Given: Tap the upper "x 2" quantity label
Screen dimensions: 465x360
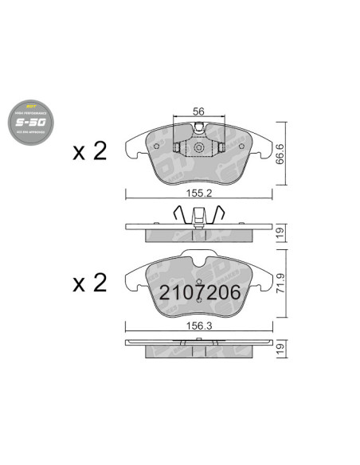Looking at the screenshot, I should coord(90,151).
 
